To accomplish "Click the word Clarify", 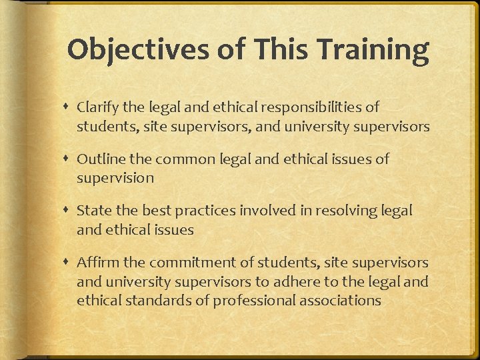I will click(98, 107).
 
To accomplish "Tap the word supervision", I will click(115, 177).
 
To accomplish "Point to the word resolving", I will click(343, 211).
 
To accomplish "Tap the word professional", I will click(255, 300).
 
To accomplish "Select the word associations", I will click(341, 300).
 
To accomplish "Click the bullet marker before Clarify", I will click(69, 107).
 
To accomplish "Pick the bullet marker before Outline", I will click(69, 159).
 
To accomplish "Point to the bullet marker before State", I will click(69, 211).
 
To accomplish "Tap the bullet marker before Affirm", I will click(69, 263).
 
